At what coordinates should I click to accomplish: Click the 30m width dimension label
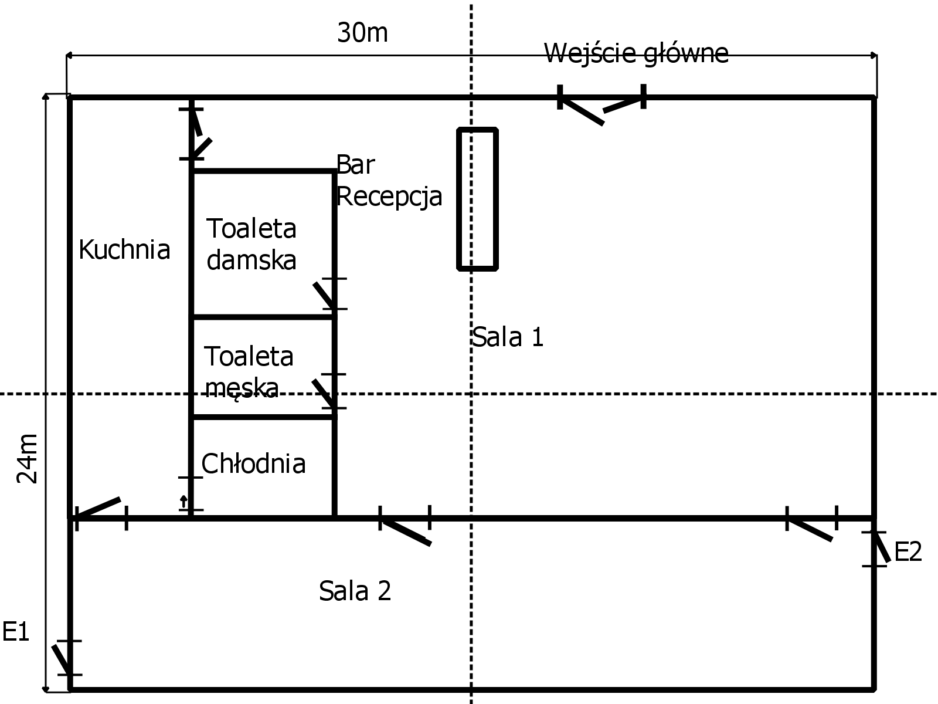click(x=362, y=33)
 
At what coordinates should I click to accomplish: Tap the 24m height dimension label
click(x=26, y=459)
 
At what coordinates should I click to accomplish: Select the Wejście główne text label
click(x=636, y=54)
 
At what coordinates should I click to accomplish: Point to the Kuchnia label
click(x=124, y=250)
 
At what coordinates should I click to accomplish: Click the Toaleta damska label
click(x=252, y=244)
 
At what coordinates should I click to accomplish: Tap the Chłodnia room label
click(x=253, y=463)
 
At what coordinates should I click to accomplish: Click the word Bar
click(x=355, y=165)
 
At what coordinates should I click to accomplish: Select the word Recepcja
click(x=389, y=197)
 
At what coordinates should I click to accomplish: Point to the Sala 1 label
click(x=508, y=337)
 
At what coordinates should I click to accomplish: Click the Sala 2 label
click(x=355, y=591)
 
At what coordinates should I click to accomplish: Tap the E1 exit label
click(x=15, y=632)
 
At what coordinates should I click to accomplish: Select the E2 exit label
click(x=908, y=551)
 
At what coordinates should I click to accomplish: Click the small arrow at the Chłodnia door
click(x=183, y=502)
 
